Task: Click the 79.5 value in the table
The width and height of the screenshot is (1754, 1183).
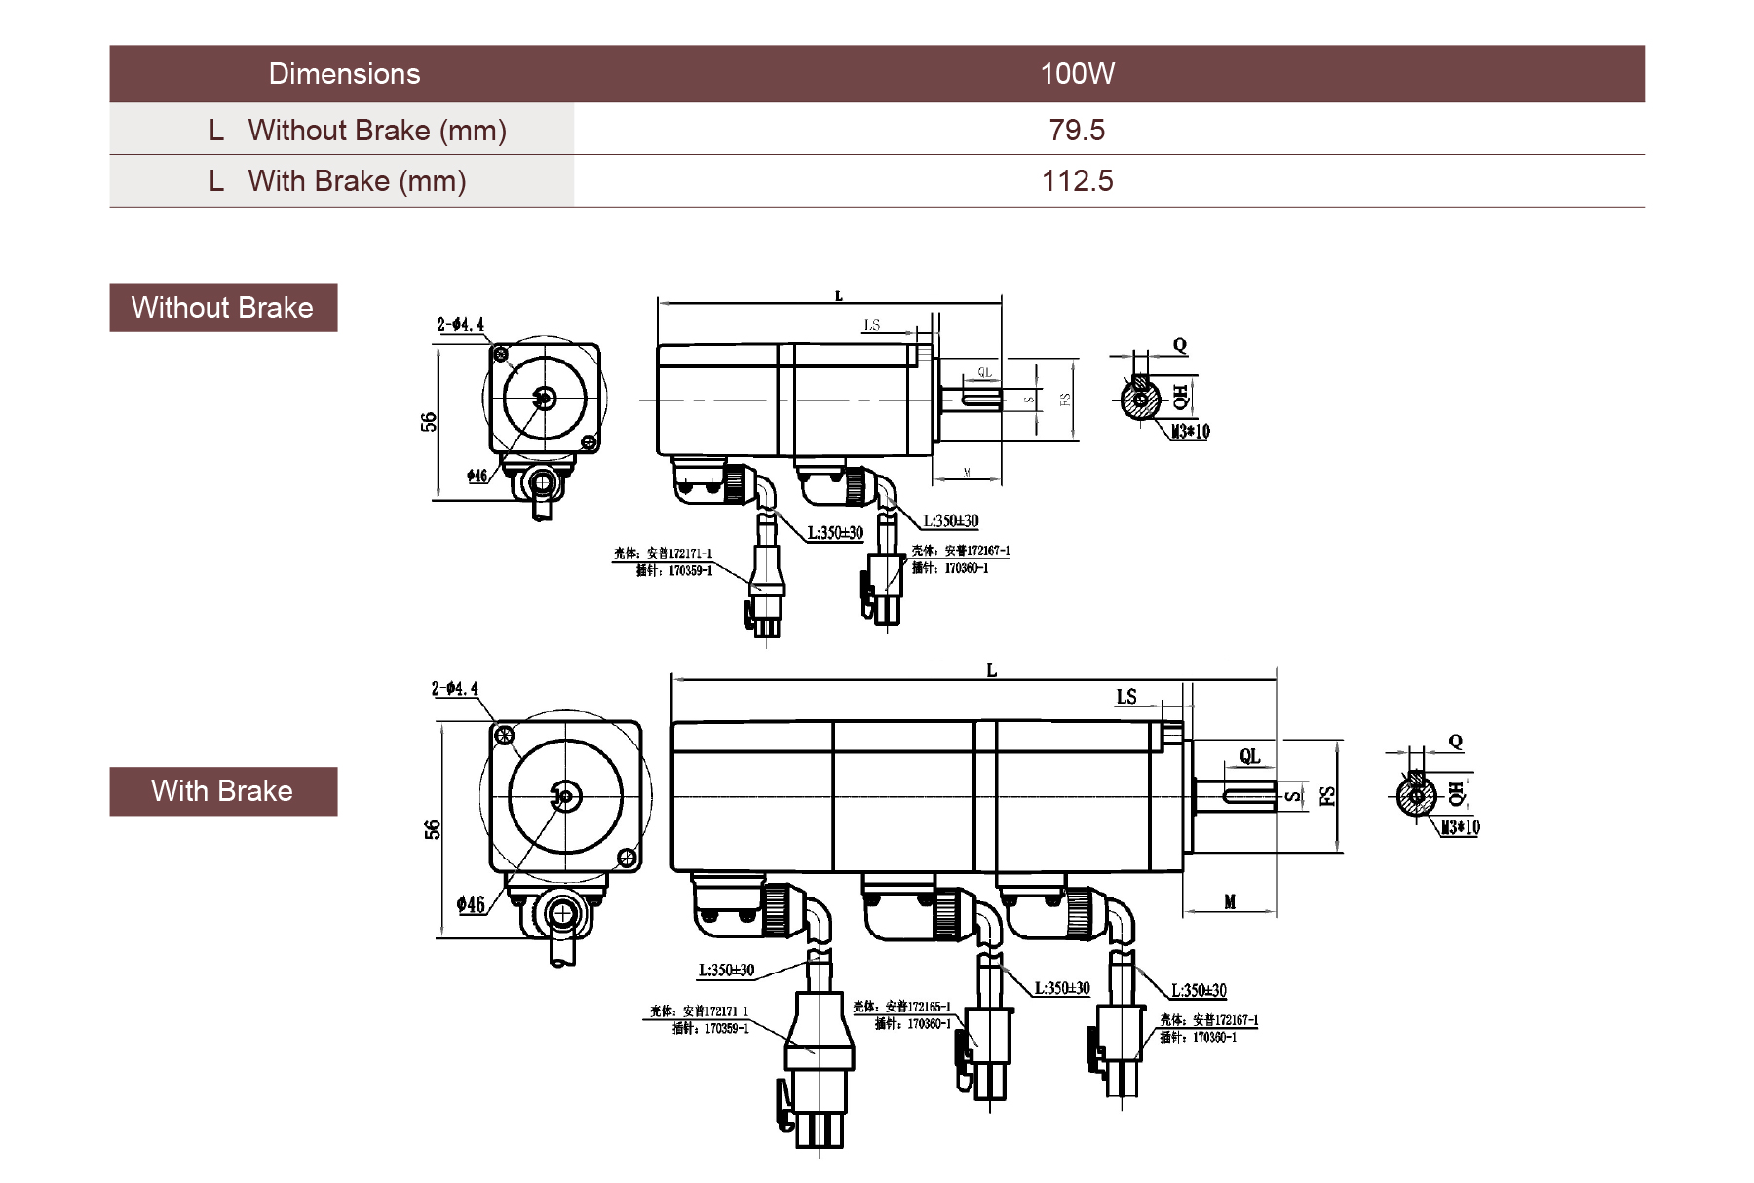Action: coord(1077,130)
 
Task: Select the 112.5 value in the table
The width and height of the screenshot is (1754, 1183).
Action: coord(1077,181)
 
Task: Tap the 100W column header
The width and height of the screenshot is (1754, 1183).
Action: coord(1077,74)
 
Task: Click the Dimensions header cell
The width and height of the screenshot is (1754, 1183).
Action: coord(344,74)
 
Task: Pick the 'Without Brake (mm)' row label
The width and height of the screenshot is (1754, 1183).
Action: coord(377,130)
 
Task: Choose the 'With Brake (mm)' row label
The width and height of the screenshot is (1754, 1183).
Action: coord(357,181)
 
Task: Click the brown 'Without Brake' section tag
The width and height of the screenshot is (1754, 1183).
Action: coord(223,308)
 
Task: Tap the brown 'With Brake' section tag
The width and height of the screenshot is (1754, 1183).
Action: coord(223,791)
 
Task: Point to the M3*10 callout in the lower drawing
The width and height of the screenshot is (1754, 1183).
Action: coord(1460,827)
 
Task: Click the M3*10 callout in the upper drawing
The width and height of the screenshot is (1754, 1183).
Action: coord(1190,432)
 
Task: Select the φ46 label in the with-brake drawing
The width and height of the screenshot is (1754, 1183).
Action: coord(472,905)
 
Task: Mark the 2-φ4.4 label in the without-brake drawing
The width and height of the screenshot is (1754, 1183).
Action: coord(460,324)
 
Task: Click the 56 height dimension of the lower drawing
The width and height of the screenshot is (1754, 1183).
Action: coord(433,830)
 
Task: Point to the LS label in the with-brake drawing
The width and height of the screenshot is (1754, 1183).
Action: coord(1126,697)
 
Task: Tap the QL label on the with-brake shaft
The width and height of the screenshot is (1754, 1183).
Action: coord(1249,756)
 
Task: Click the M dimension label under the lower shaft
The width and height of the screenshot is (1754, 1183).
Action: coord(1230,902)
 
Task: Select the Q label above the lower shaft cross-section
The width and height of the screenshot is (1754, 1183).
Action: coord(1455,742)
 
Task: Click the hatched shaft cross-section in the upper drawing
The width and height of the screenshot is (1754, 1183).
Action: coord(1138,400)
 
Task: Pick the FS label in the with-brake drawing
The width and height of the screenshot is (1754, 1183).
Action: coord(1326,796)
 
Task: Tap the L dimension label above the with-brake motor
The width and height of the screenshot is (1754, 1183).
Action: coord(991,670)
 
